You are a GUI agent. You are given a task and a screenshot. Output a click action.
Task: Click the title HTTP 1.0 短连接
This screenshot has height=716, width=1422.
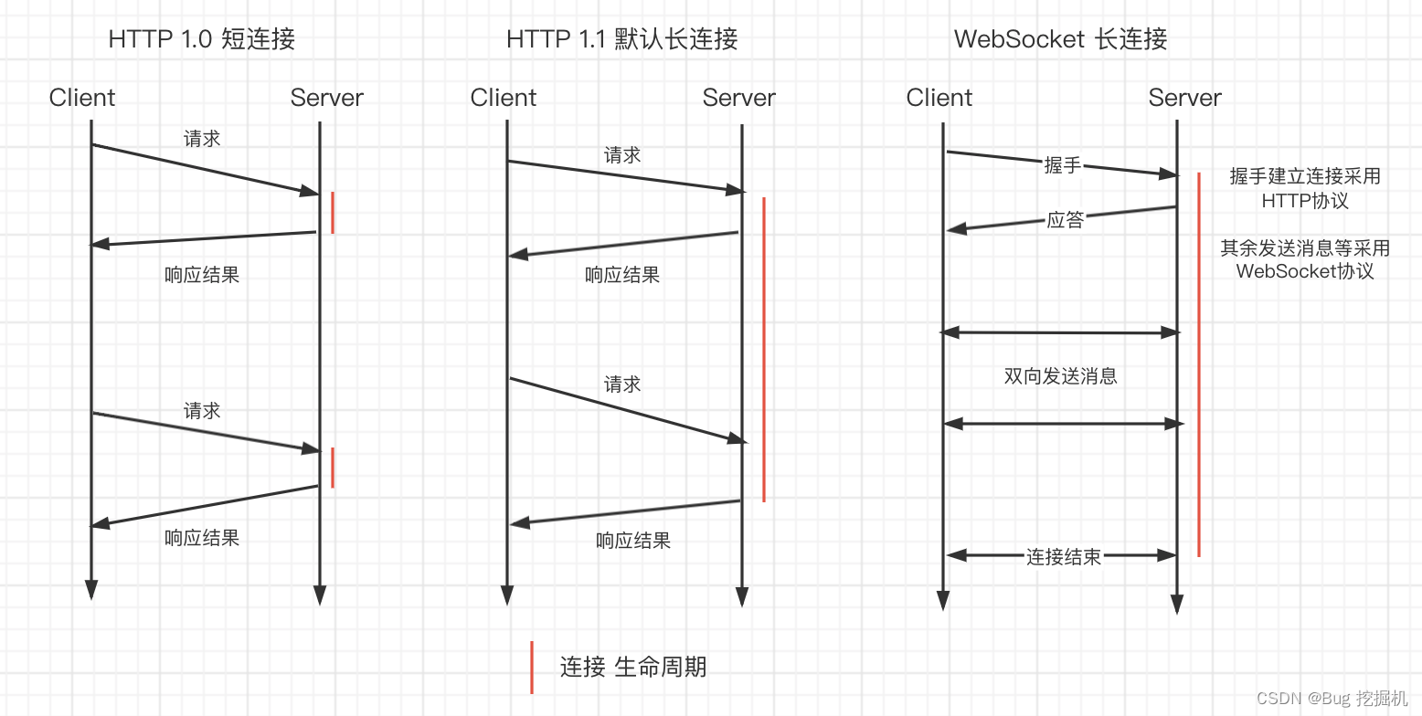(x=201, y=39)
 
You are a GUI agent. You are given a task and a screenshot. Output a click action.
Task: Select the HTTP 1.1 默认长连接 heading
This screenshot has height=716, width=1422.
(x=621, y=39)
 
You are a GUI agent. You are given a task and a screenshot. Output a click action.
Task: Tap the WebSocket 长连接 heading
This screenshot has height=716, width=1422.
(x=1060, y=39)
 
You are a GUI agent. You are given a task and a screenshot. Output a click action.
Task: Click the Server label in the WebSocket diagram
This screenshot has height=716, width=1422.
(x=1184, y=98)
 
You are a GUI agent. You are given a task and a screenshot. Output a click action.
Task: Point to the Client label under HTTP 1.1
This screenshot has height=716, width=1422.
(x=504, y=98)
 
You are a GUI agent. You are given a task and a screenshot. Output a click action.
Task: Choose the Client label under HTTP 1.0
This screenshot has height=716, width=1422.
(x=82, y=98)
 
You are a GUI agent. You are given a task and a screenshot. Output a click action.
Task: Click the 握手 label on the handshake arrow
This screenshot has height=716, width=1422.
(x=1062, y=165)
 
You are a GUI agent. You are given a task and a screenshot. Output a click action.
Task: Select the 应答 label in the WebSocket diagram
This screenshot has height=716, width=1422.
(x=1065, y=220)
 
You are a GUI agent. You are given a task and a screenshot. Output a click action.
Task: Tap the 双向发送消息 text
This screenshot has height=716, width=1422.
(x=1060, y=376)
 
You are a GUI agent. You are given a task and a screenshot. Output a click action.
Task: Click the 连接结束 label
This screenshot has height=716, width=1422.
(x=1063, y=557)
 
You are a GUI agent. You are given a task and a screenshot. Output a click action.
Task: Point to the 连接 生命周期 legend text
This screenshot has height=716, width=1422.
(x=632, y=667)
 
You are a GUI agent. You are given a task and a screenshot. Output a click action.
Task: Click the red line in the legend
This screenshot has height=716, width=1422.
(x=532, y=667)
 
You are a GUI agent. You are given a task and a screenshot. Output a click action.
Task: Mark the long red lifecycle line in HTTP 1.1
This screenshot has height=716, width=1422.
(x=763, y=347)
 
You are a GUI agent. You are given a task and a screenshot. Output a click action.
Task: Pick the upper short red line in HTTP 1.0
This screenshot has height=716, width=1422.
(x=333, y=212)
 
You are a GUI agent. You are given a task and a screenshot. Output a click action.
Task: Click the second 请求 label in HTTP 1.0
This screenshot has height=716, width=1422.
(x=202, y=412)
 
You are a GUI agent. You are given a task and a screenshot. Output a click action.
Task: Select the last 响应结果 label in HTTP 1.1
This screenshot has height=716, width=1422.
(x=633, y=541)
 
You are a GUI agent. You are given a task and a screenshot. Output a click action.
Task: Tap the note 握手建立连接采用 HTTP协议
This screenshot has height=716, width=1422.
(x=1304, y=188)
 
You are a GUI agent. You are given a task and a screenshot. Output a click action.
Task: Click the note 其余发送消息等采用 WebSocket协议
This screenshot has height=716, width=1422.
(x=1304, y=259)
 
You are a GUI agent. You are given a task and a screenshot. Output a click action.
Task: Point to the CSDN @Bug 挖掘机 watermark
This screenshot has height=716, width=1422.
(x=1332, y=699)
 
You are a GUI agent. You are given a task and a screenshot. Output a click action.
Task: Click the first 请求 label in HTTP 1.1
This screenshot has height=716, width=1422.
(x=622, y=156)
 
